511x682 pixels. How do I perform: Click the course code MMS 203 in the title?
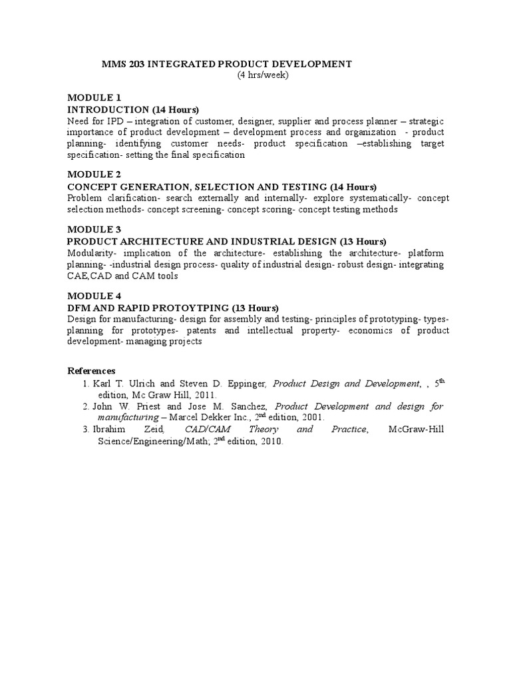[x=122, y=64]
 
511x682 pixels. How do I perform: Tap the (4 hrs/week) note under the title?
[x=263, y=75]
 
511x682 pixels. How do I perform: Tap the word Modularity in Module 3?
[x=89, y=253]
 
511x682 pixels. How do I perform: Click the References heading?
[x=92, y=370]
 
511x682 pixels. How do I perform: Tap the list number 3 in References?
[x=86, y=430]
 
